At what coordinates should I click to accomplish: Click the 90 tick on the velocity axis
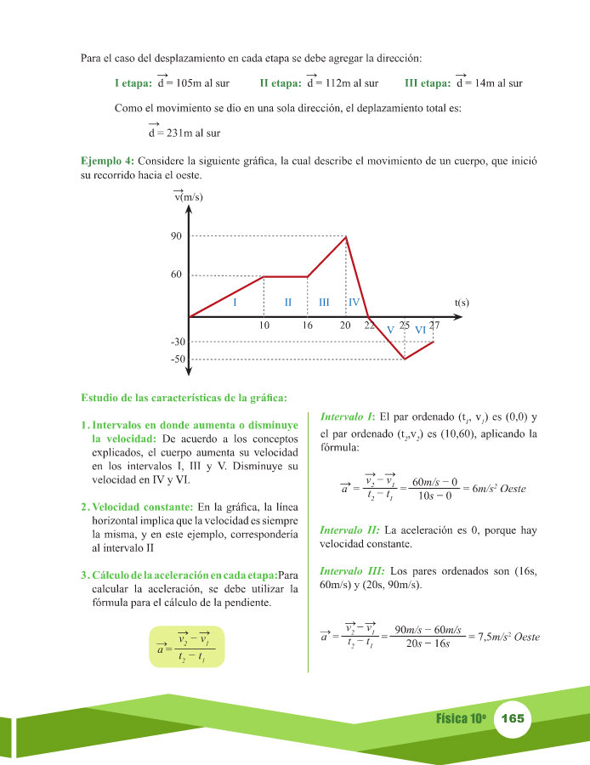(176, 236)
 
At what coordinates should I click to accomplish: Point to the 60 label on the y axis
(176, 275)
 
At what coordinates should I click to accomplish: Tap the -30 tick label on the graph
(177, 342)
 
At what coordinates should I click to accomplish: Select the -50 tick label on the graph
(177, 360)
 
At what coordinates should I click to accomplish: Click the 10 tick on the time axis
(264, 326)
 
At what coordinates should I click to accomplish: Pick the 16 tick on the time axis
(307, 326)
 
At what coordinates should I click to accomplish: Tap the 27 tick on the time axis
(434, 325)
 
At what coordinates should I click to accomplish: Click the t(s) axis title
(462, 302)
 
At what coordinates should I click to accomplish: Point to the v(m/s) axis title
(188, 196)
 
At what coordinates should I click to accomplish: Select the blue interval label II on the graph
(288, 303)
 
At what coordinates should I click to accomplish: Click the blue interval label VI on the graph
(420, 329)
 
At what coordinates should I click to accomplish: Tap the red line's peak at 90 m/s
(346, 236)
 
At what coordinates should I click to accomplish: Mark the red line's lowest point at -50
(405, 359)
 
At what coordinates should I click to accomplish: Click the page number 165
(513, 719)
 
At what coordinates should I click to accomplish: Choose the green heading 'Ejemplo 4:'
(107, 161)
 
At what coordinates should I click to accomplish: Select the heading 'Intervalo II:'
(349, 530)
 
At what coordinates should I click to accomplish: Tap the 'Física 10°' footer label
(460, 719)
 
